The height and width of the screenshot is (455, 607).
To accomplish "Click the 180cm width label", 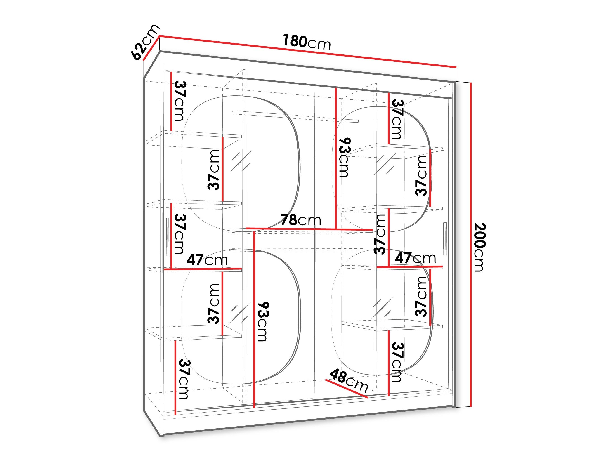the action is coord(307,42).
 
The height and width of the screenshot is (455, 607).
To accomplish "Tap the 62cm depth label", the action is coord(145,42).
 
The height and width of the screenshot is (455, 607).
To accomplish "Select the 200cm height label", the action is coord(479,247).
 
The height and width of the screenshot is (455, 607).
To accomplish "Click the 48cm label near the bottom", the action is coord(349,380).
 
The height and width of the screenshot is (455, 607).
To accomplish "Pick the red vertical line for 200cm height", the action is coord(471,244).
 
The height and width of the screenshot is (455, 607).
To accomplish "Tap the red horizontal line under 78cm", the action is coord(309,229).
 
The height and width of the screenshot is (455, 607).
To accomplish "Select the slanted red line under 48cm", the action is coord(347,389).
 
